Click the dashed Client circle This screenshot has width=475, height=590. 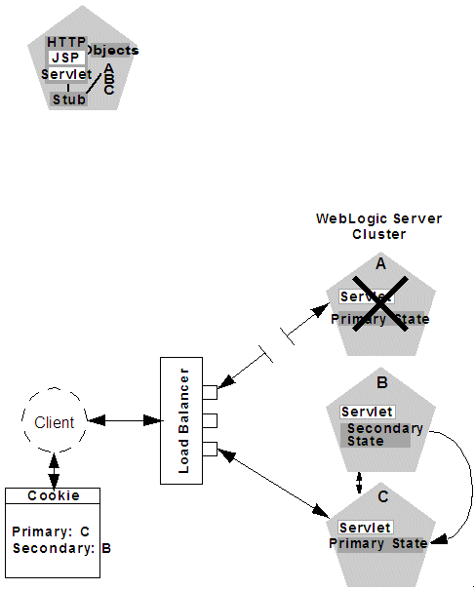54,421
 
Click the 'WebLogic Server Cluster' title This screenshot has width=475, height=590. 378,226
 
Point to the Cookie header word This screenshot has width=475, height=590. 54,495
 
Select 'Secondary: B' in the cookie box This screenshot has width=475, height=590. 61,548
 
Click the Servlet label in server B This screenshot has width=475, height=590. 368,412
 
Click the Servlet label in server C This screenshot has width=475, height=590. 365,527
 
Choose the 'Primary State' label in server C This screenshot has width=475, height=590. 377,543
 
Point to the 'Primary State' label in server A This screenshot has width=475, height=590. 379,319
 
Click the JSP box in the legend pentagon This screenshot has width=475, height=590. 67,58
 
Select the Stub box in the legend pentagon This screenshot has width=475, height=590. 68,99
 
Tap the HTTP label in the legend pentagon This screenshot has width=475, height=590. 66,43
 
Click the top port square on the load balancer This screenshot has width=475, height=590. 209,392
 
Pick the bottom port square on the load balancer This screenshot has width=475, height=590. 209,449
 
